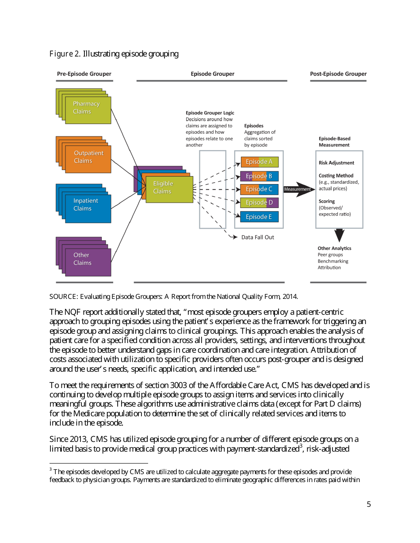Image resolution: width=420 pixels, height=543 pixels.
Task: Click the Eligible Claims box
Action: (x=168, y=188)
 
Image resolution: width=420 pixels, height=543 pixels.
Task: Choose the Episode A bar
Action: (x=259, y=162)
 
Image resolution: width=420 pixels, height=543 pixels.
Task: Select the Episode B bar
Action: (x=259, y=176)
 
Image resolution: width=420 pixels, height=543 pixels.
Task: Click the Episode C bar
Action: (x=259, y=189)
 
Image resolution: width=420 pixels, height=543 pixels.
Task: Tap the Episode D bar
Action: (x=259, y=203)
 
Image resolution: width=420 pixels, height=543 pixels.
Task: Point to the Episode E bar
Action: (x=259, y=217)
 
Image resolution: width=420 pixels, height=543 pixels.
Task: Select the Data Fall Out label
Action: (x=257, y=238)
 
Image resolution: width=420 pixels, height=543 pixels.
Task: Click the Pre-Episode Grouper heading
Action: (x=84, y=74)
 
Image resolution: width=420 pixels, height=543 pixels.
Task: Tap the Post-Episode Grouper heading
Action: (x=338, y=74)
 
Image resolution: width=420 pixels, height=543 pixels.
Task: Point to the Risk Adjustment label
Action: (x=336, y=163)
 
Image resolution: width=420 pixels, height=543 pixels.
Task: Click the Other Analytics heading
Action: (x=334, y=249)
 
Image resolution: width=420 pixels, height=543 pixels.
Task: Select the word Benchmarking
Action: (x=333, y=261)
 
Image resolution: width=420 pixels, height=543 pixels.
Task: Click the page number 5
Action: (x=369, y=505)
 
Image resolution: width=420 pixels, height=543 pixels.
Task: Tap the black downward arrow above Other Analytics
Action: (x=339, y=235)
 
